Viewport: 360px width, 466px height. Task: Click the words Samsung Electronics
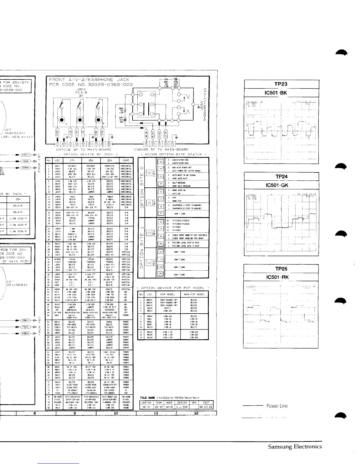[295, 447]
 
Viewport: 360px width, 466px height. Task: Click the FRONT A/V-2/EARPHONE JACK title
[89, 80]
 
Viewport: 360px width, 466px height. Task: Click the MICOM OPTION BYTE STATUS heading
[173, 154]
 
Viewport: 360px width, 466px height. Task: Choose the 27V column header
[72, 160]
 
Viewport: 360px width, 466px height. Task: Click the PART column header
[126, 160]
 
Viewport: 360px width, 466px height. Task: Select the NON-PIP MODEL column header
[194, 294]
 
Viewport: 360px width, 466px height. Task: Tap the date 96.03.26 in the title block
[206, 407]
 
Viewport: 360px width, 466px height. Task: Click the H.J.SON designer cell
[182, 407]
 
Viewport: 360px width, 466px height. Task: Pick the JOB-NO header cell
[146, 403]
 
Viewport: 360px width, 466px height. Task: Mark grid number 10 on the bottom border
[116, 413]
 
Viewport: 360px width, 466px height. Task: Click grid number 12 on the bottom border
[196, 413]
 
